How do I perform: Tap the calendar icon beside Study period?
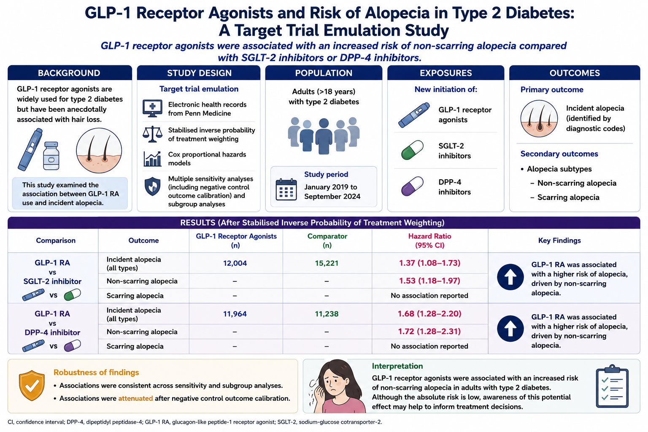(x=286, y=189)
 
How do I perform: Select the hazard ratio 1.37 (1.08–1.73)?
(x=429, y=263)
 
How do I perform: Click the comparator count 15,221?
(x=327, y=263)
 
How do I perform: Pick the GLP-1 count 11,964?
(x=235, y=314)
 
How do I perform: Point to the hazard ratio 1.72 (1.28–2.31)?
(x=429, y=331)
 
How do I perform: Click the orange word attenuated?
(x=135, y=398)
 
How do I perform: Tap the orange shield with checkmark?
(x=32, y=386)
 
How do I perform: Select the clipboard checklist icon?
(x=612, y=386)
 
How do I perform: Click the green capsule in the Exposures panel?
(x=412, y=150)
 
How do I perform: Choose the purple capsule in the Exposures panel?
(x=412, y=186)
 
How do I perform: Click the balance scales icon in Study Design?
(x=152, y=134)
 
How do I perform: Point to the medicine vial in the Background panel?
(x=51, y=156)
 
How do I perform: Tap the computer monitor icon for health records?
(x=152, y=108)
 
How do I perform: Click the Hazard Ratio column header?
(x=429, y=241)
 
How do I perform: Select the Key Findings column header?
(x=559, y=240)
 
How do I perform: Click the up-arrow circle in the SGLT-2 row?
(x=510, y=277)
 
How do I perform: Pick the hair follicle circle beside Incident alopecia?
(x=539, y=119)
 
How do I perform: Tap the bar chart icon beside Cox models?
(x=152, y=159)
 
